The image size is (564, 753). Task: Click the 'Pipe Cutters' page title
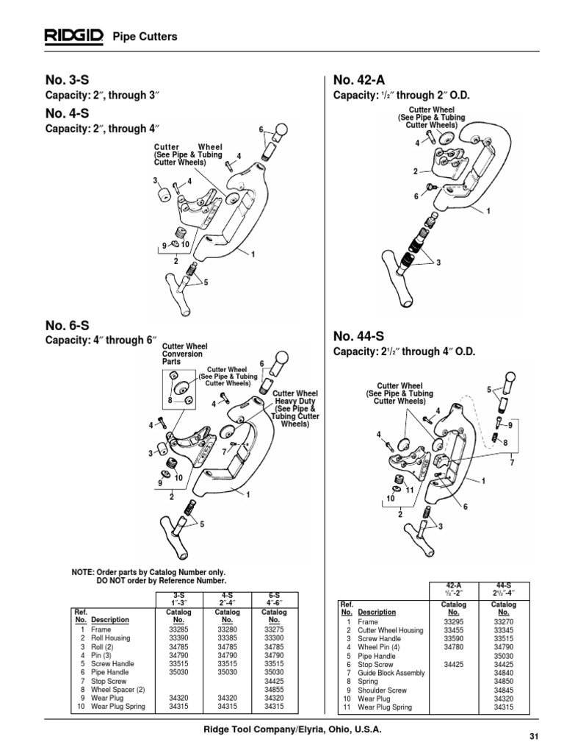pyautogui.click(x=144, y=36)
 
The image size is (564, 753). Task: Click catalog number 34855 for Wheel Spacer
pyautogui.click(x=273, y=690)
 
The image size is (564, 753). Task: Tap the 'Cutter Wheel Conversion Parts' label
pyautogui.click(x=184, y=354)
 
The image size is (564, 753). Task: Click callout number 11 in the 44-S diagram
pyautogui.click(x=411, y=489)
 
